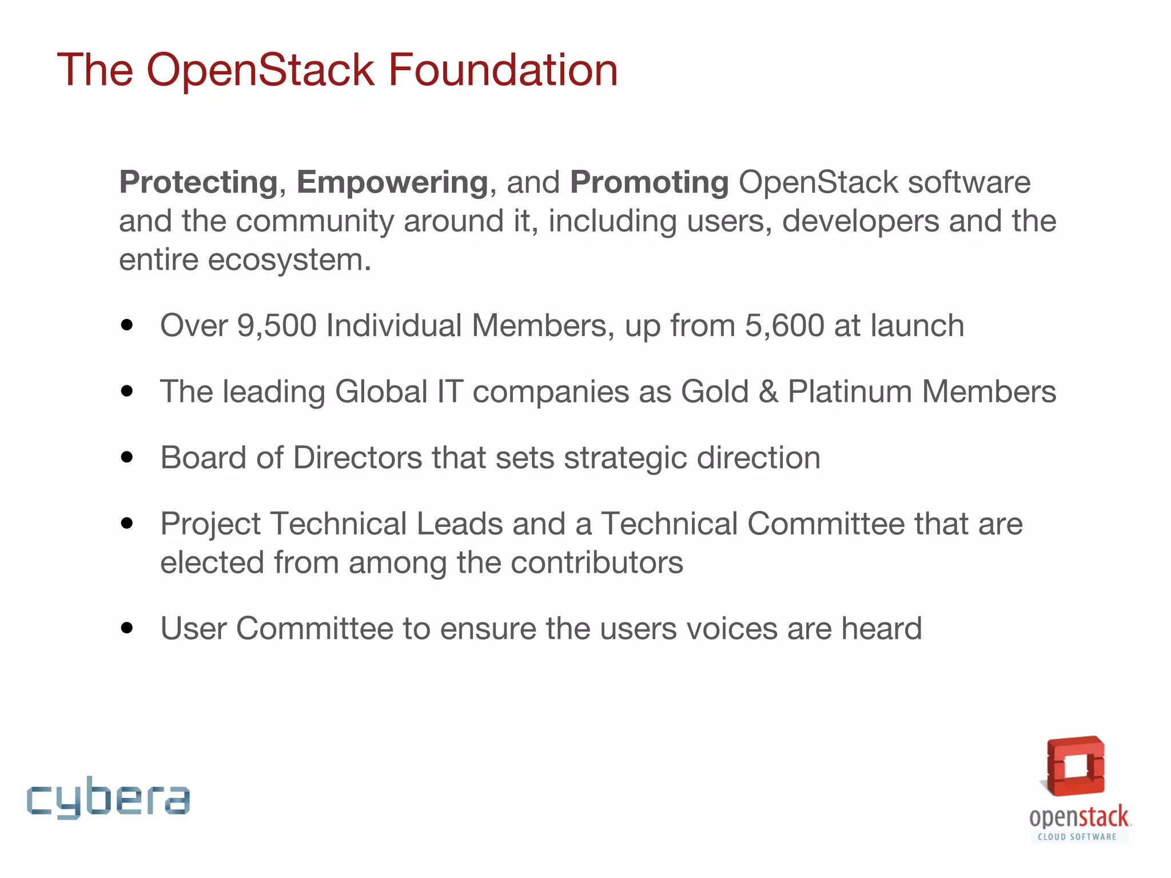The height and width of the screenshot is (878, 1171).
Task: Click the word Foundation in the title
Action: coord(503,70)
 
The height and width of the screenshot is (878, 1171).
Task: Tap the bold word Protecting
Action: coord(198,183)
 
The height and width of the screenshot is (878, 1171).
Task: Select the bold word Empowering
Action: coord(392,183)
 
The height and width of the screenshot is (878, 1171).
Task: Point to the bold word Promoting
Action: coord(649,183)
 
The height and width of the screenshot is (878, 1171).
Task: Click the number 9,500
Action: coord(277,326)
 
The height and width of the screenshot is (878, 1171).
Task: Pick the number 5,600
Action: coord(784,326)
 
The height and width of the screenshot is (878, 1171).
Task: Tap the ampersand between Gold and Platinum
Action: coord(768,392)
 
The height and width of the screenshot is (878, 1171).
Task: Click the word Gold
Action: coord(715,392)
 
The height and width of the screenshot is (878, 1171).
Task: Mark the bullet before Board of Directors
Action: coord(127,458)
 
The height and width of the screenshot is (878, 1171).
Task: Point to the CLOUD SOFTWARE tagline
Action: coord(1077,837)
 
